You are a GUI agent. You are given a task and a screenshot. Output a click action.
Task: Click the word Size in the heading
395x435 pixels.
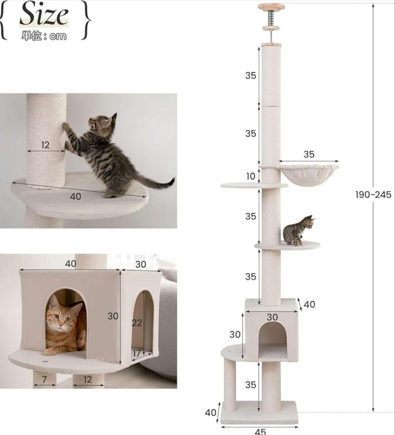coord(44,15)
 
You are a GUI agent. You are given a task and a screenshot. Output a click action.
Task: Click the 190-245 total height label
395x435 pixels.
coord(373,195)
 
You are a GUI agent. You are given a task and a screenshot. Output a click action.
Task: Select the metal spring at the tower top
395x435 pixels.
coord(271,19)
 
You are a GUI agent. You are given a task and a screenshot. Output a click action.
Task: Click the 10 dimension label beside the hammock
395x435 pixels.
coord(251,176)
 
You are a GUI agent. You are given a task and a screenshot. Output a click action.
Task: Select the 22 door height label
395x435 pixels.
coord(137,323)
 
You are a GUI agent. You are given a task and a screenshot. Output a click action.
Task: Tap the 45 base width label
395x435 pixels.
coord(260,431)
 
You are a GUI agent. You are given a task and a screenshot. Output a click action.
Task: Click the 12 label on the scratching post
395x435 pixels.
coord(45,145)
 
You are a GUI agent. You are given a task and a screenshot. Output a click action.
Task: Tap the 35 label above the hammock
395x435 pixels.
coord(309,154)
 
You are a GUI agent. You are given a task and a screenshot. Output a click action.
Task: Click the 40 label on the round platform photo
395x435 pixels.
coord(75,197)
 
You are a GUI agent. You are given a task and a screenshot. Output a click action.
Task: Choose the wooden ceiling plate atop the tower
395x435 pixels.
coord(271,6)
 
